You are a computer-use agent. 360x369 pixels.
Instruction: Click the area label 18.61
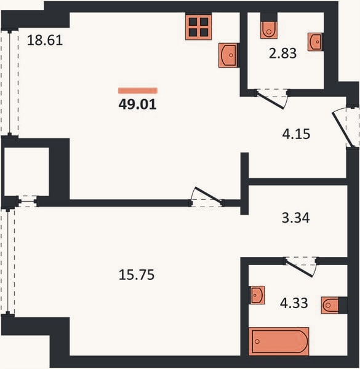(x=45, y=40)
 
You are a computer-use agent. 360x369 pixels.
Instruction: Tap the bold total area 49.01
(x=137, y=104)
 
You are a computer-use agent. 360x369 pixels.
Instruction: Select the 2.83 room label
(x=282, y=53)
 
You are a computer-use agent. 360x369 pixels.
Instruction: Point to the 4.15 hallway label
(x=296, y=134)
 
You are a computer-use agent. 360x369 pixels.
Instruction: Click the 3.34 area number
(x=296, y=218)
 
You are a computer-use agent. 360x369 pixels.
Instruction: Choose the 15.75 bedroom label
(x=137, y=275)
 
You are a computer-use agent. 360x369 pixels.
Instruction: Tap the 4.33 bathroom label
(x=294, y=303)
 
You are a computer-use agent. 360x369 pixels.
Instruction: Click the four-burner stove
(x=198, y=27)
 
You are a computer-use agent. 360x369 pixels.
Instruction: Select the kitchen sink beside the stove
(x=228, y=55)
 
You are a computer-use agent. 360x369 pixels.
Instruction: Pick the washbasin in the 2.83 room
(x=315, y=42)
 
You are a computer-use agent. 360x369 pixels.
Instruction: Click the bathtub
(x=279, y=341)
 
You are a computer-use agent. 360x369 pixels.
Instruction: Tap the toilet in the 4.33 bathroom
(x=330, y=306)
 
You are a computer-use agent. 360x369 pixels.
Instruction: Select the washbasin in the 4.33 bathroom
(x=257, y=295)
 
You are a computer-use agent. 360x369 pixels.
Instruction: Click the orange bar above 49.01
(x=138, y=90)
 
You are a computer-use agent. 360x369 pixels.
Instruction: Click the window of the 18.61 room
(x=10, y=82)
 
